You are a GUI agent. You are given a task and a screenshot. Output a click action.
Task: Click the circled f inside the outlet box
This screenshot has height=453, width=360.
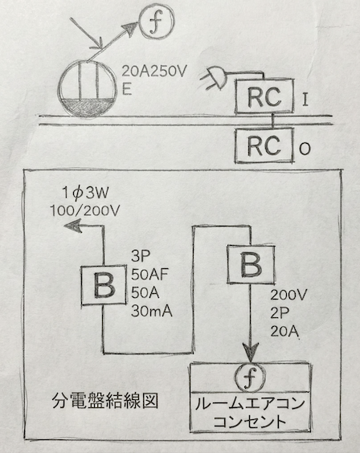(x=249, y=377)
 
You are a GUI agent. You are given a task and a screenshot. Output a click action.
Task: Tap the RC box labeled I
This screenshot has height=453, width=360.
(x=264, y=99)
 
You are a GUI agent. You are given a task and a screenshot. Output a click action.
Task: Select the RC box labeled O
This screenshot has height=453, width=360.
(x=264, y=146)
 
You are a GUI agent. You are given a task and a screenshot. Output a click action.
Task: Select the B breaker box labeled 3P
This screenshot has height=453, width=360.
(x=104, y=285)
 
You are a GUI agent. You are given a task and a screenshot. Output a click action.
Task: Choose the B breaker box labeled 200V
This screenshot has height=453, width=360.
(x=252, y=264)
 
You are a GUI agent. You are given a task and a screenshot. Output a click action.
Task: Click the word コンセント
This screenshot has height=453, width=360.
(x=249, y=420)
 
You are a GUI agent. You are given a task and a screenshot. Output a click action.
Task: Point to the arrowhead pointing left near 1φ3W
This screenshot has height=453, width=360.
(x=73, y=227)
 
